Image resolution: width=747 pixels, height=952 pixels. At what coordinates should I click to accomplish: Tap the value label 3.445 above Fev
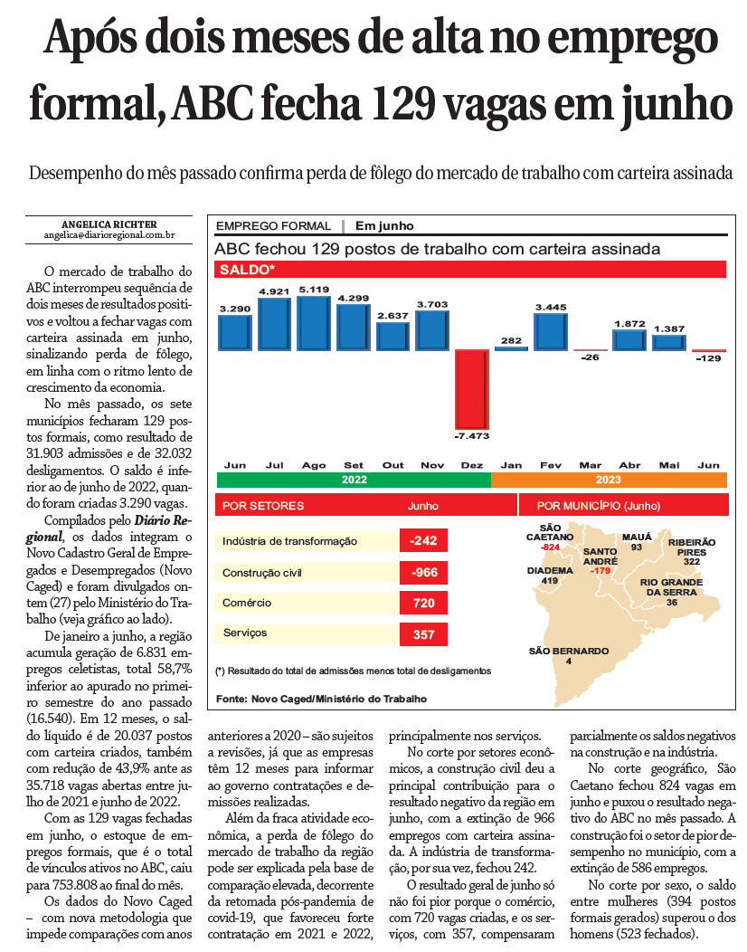[x=550, y=308]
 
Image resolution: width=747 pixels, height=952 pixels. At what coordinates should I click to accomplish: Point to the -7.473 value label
[x=471, y=436]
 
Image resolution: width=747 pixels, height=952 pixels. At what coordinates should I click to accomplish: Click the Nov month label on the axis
[x=432, y=465]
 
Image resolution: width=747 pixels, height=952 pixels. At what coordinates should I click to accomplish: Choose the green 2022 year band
[x=354, y=481]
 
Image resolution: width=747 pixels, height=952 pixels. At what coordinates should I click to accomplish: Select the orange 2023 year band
[x=608, y=481]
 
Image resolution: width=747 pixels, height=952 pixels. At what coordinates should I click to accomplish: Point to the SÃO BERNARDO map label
[x=569, y=651]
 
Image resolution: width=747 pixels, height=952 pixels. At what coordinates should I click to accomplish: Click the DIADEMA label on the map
[x=550, y=570]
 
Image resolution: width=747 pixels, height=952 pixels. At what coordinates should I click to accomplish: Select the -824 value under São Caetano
[x=550, y=547]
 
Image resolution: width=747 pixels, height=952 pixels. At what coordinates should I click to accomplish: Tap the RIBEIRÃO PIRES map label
[x=692, y=546]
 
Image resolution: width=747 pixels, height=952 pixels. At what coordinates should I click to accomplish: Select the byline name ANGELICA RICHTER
[x=109, y=224]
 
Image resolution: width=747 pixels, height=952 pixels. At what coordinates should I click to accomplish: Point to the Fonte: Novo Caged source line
[x=321, y=699]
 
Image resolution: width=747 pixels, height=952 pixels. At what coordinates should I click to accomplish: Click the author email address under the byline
[x=109, y=235]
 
